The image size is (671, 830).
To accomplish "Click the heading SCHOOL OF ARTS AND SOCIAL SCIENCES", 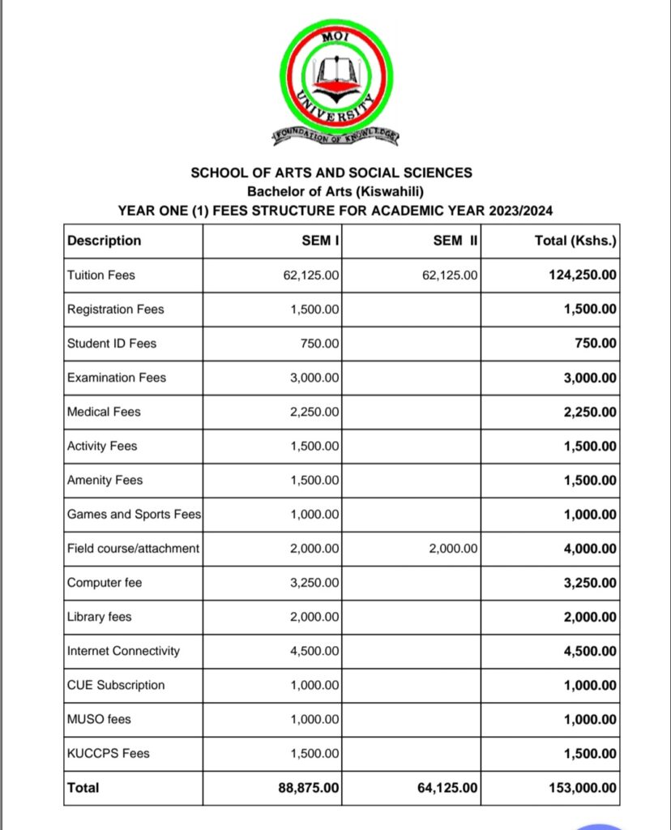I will [x=331, y=173].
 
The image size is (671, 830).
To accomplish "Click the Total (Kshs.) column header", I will [x=575, y=240].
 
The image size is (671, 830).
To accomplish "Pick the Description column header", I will [x=104, y=240].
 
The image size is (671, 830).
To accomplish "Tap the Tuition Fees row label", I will [x=101, y=275].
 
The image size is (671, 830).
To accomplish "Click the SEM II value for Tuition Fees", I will [x=451, y=276].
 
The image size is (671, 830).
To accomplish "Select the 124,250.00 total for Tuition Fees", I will [x=583, y=276].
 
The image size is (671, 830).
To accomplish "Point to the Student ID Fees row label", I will [x=112, y=344].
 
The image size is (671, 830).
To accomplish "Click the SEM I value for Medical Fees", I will [x=315, y=412].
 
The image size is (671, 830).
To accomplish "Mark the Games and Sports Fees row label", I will [x=134, y=514].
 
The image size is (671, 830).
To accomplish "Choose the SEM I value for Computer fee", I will [x=315, y=583].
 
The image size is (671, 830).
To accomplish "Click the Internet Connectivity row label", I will [x=123, y=651].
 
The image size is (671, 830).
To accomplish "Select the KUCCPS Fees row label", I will [x=108, y=753].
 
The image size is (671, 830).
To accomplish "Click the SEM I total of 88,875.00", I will [x=309, y=788].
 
